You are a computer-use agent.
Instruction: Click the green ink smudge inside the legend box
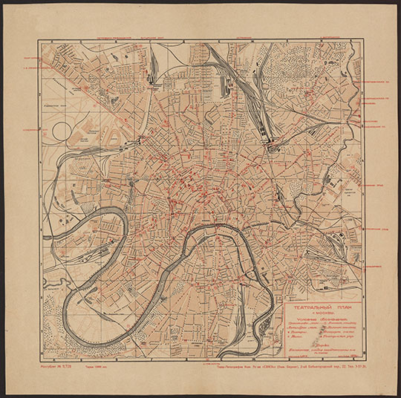click(312, 348)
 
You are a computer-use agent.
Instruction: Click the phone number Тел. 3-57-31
click(349, 365)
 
